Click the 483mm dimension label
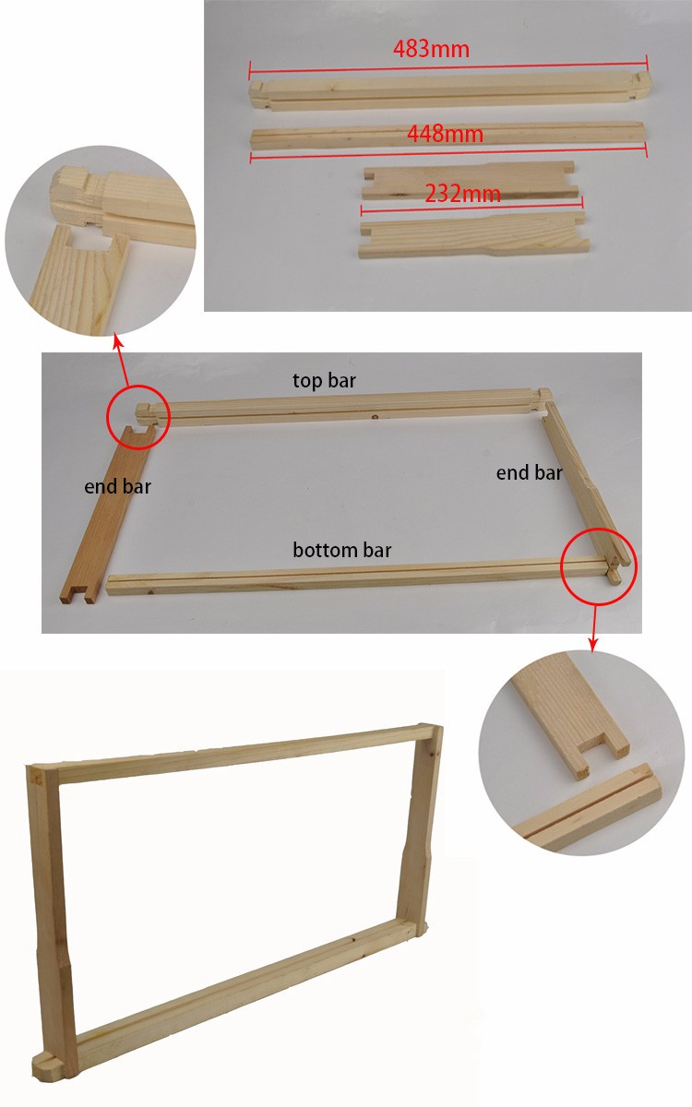(431, 50)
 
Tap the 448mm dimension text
(445, 134)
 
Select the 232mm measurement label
(462, 193)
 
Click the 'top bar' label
(324, 380)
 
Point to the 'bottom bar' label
(342, 550)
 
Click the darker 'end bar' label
(117, 487)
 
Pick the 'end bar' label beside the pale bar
(529, 473)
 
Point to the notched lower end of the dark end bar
(77, 592)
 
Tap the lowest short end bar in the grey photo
(473, 236)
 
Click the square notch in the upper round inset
(89, 239)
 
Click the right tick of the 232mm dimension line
(582, 202)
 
